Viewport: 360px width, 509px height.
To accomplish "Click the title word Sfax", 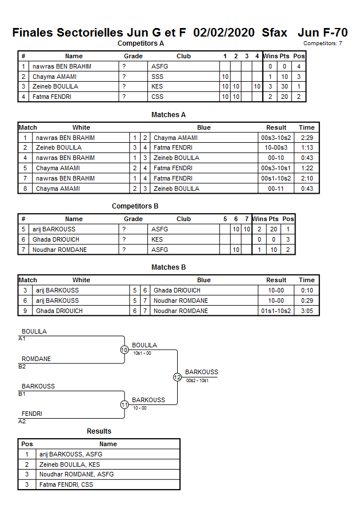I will [274, 33].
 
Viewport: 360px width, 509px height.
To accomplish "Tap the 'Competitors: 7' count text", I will [323, 43].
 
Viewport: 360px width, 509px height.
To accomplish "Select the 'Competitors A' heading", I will [141, 43].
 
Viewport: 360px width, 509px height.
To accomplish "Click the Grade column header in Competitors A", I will [133, 57].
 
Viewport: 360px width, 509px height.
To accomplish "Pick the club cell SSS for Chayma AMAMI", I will [157, 77].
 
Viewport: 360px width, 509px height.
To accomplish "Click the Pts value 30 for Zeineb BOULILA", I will [284, 87].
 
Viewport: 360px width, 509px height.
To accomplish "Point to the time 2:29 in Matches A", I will [306, 138].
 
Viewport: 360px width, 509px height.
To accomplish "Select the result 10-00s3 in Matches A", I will [277, 148].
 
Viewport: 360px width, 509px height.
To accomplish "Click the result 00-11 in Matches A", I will [277, 189].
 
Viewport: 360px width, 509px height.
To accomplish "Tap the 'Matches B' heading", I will [169, 267].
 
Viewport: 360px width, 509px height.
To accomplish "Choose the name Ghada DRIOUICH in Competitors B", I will [56, 240].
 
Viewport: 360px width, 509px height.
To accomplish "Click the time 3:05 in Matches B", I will [306, 311].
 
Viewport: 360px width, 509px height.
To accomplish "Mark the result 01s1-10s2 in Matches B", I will [277, 311].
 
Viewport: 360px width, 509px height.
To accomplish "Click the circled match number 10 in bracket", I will [124, 350].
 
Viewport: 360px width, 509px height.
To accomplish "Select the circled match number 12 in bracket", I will [177, 377].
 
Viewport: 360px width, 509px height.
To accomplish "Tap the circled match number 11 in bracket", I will [124, 404].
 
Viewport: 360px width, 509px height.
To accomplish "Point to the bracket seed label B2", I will [22, 367].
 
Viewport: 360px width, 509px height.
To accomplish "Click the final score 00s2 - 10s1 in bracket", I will [197, 380].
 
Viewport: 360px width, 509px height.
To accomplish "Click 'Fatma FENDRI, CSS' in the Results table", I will [66, 484].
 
